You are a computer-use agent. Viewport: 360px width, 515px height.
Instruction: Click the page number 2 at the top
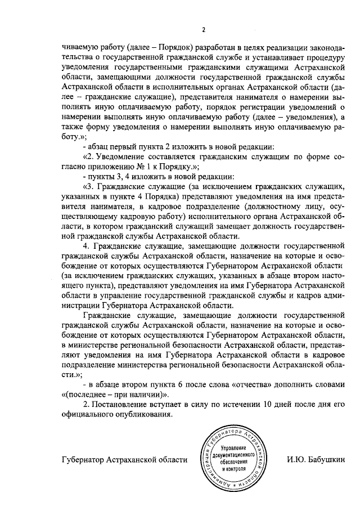pyautogui.click(x=204, y=30)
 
